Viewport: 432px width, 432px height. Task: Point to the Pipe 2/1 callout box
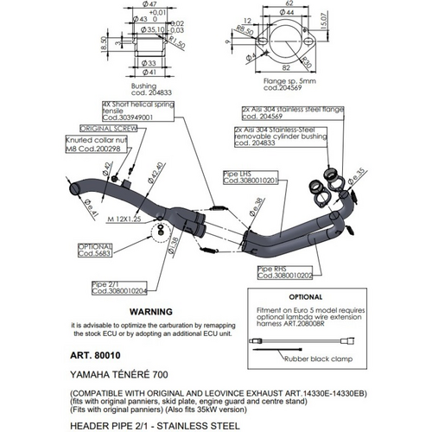tap(117, 287)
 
